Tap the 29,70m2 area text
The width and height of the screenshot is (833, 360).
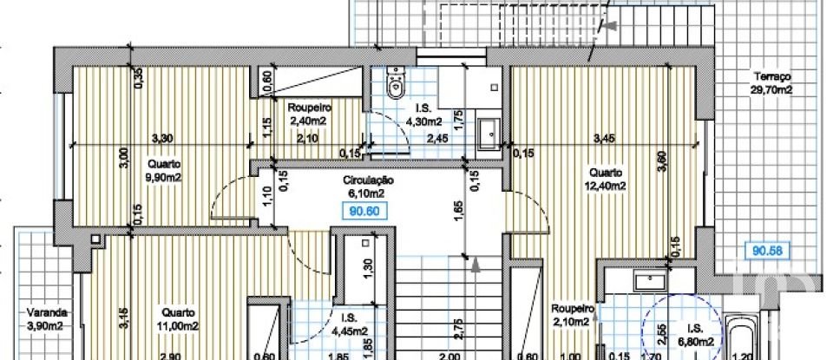pyautogui.click(x=774, y=89)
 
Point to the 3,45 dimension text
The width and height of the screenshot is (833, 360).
pyautogui.click(x=602, y=137)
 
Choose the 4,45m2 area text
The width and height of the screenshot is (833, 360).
pyautogui.click(x=347, y=330)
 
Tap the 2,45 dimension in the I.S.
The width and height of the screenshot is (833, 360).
pyautogui.click(x=436, y=137)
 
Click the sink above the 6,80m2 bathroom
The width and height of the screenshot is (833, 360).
pyautogui.click(x=647, y=280)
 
